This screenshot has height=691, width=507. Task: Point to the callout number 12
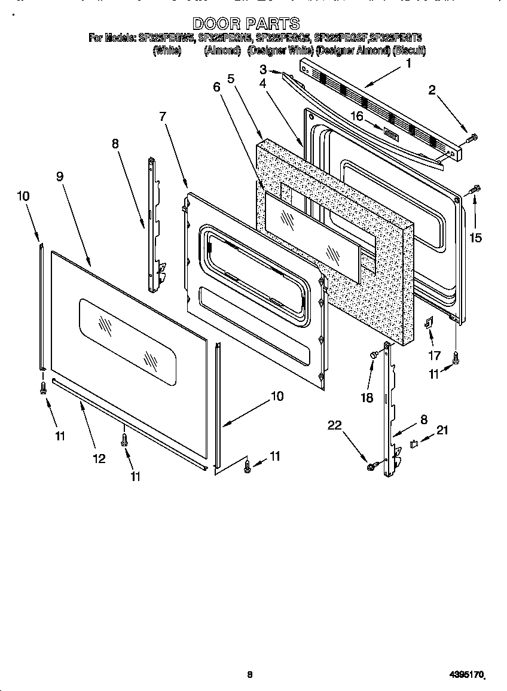(x=99, y=458)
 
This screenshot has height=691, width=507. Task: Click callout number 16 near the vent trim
(x=357, y=116)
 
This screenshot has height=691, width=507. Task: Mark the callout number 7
(x=163, y=116)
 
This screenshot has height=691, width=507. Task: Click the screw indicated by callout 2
(x=470, y=138)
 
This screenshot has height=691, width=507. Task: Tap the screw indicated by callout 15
(x=475, y=190)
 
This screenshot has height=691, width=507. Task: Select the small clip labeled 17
(x=429, y=324)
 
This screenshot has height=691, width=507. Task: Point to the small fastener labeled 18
(x=374, y=355)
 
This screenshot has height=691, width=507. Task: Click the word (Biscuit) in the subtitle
(x=409, y=51)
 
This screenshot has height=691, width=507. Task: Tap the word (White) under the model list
(x=167, y=51)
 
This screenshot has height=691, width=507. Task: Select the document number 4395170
(x=466, y=675)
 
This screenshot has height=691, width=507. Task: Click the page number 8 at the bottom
(x=250, y=675)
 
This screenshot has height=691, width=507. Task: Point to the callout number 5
(x=231, y=78)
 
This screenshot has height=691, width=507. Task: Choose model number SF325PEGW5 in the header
(x=166, y=38)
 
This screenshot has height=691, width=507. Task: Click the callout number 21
(x=441, y=430)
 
